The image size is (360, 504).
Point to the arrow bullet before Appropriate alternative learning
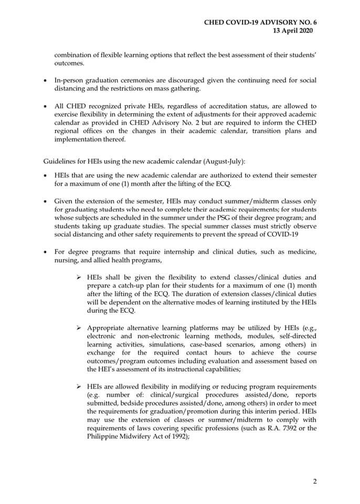pos(78,328)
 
